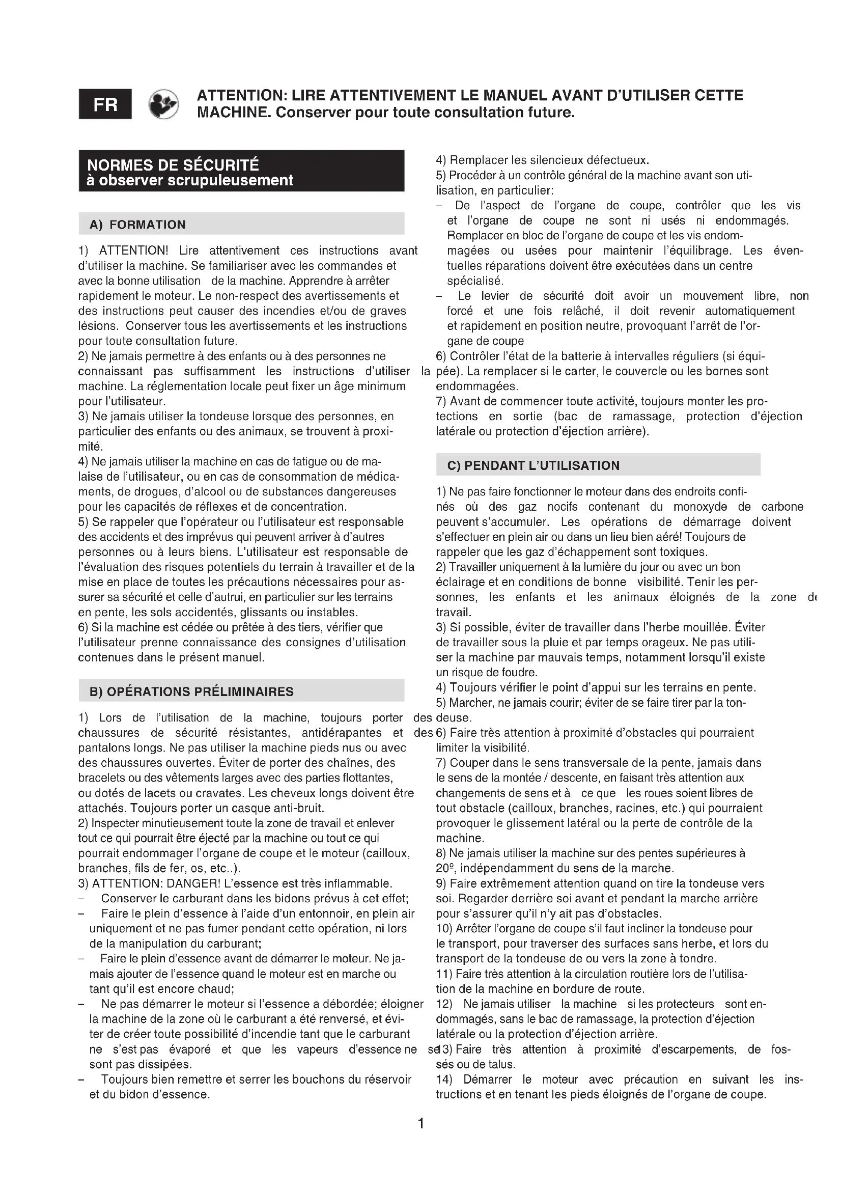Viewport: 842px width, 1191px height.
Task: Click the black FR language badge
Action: pyautogui.click(x=105, y=104)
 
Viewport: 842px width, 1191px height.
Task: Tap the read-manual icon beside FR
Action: pyautogui.click(x=163, y=104)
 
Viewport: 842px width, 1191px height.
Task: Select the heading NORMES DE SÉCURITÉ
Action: pyautogui.click(x=173, y=165)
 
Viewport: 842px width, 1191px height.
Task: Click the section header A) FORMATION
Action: pyautogui.click(x=137, y=225)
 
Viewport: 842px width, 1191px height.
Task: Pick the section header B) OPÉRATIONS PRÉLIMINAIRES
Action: pyautogui.click(x=191, y=691)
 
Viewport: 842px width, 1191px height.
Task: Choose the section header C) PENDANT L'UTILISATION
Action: pyautogui.click(x=533, y=465)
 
